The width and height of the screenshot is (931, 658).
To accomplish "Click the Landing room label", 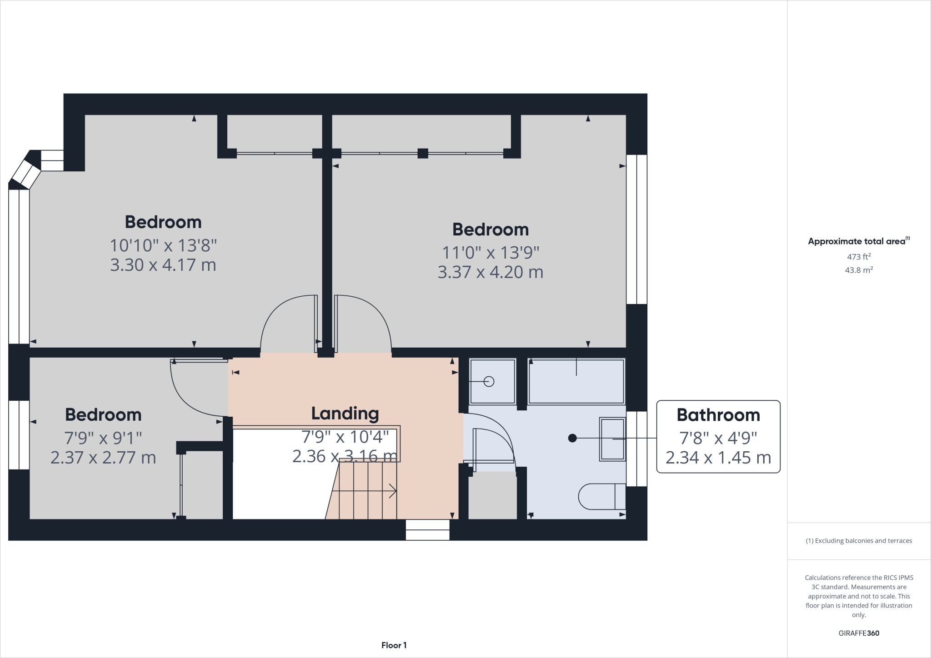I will pos(345,414).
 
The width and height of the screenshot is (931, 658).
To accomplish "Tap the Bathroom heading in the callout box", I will pos(718,415).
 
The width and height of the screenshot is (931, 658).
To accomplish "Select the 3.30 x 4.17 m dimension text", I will pos(163,265).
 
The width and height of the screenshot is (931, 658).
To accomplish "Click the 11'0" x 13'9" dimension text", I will pos(491,252).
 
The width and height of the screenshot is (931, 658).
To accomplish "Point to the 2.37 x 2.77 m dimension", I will pos(103,458).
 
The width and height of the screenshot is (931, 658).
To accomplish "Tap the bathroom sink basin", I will pos(612,439).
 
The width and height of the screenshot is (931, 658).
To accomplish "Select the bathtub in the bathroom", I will pos(576,381).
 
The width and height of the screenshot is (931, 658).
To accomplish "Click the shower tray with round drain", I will pos(492,381).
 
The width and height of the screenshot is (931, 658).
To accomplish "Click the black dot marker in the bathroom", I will pos(573,438).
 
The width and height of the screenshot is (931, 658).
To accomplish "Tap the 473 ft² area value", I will pos(859,257).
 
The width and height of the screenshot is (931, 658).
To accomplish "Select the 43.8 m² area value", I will pos(859,270).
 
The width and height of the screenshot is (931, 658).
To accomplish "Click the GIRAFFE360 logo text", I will pos(859,633).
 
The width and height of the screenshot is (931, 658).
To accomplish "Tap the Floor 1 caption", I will pos(394,645).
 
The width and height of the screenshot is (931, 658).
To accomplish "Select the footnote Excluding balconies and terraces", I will pos(859,541).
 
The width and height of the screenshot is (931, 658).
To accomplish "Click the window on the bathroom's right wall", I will pos(636,449).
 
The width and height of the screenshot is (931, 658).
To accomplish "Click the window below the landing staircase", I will pos(427,530).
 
